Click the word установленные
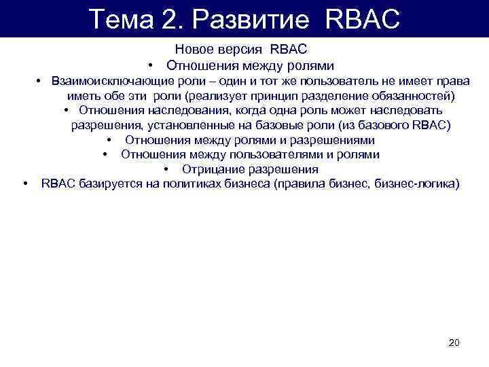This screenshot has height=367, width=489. tap(179, 125)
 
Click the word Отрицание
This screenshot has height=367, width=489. tap(210, 169)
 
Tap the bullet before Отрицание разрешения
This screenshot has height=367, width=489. tap(166, 169)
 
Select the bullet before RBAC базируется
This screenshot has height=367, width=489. tap(24, 184)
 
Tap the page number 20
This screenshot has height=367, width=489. tap(454, 343)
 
